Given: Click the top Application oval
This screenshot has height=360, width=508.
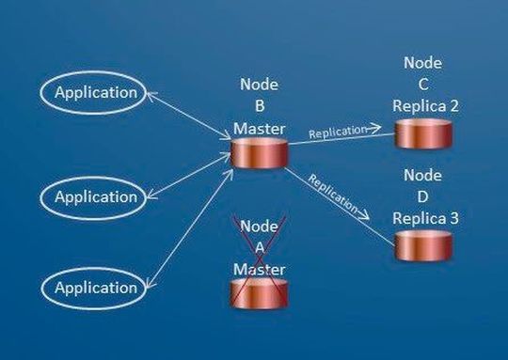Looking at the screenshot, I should point(95,93).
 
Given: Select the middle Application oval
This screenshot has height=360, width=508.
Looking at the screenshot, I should point(95,196).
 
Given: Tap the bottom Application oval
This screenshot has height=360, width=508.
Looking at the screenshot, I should point(95,288).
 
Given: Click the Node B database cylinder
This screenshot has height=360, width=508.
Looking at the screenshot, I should point(259,153).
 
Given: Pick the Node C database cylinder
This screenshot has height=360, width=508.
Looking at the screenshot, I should point(422,133).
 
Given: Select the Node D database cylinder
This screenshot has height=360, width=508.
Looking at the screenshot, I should point(422,245).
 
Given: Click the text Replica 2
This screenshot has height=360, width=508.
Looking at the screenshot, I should point(426,105).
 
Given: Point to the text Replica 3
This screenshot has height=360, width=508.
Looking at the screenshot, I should point(426,218).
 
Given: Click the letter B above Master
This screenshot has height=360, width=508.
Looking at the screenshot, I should point(260,106).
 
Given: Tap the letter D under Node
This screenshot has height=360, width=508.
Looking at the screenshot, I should point(422,196).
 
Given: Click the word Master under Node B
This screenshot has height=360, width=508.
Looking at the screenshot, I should point(260,128).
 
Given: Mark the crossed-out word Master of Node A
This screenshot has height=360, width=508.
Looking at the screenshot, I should point(259,269).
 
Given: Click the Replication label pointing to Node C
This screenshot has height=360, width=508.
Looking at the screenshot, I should point(336,131).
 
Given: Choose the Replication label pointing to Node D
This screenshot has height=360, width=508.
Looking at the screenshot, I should point(334,193).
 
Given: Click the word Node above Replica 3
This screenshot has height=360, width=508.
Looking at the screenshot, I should point(422,176).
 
